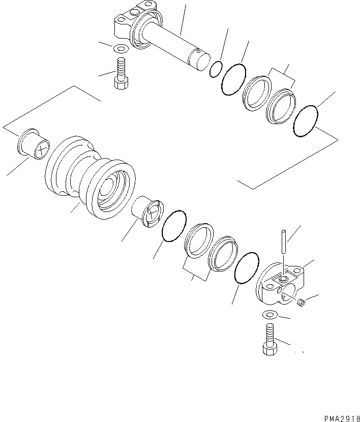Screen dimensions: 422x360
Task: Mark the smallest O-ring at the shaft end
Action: pyautogui.click(x=216, y=70)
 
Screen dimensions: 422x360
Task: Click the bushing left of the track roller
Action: pyautogui.click(x=33, y=144)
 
